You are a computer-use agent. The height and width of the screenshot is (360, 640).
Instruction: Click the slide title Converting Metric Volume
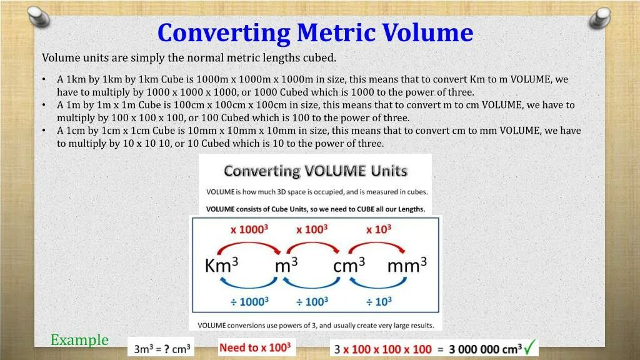point(315,32)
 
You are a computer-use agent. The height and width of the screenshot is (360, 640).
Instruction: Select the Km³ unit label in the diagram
point(221,265)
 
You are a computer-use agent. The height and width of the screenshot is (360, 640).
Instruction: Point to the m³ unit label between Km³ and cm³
point(286,265)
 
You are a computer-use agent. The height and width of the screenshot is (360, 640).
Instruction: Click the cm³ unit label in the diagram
point(349,265)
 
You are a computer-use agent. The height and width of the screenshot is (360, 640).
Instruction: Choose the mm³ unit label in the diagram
point(407,265)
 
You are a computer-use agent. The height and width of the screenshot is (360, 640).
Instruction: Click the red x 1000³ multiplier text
point(249,229)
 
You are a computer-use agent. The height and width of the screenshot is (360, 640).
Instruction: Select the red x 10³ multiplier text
point(378,229)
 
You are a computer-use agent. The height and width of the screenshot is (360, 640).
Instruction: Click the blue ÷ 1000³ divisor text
point(249,301)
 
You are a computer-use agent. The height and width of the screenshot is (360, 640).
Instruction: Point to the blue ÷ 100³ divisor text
point(312,301)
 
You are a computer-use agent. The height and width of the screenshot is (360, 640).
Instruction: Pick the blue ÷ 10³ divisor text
point(378,301)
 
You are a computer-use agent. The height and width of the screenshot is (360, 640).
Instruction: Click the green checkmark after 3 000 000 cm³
point(531,346)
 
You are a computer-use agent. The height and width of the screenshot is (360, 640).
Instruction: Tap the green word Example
point(79,340)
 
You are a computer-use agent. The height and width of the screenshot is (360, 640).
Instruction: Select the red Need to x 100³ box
point(257,347)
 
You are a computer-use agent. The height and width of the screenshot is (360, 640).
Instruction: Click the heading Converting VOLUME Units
point(316,171)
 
